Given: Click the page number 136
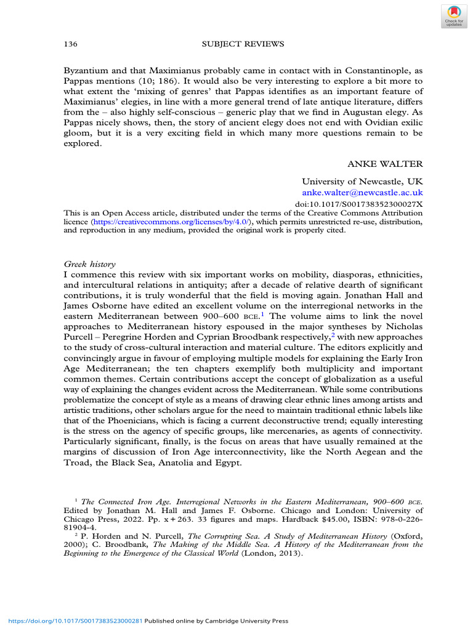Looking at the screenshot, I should pyautogui.click(x=70, y=44).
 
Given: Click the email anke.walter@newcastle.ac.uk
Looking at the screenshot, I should pyautogui.click(x=362, y=193).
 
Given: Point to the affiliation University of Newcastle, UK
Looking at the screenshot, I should pyautogui.click(x=362, y=181).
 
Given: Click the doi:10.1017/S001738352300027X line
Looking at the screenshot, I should pyautogui.click(x=356, y=204).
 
